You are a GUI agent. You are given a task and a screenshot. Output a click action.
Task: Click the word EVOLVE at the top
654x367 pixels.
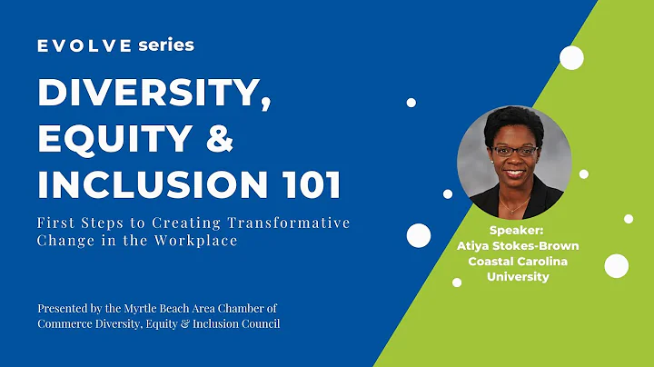(x=84, y=45)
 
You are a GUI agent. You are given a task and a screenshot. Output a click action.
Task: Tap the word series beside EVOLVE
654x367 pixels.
(x=166, y=45)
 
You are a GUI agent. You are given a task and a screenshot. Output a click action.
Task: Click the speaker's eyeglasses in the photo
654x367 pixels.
(x=515, y=150)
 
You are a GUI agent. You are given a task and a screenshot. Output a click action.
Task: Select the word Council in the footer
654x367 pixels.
(x=259, y=323)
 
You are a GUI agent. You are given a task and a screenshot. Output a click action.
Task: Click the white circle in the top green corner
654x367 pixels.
(x=571, y=58)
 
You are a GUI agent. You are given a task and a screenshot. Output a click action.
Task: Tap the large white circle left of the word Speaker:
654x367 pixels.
(x=418, y=235)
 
